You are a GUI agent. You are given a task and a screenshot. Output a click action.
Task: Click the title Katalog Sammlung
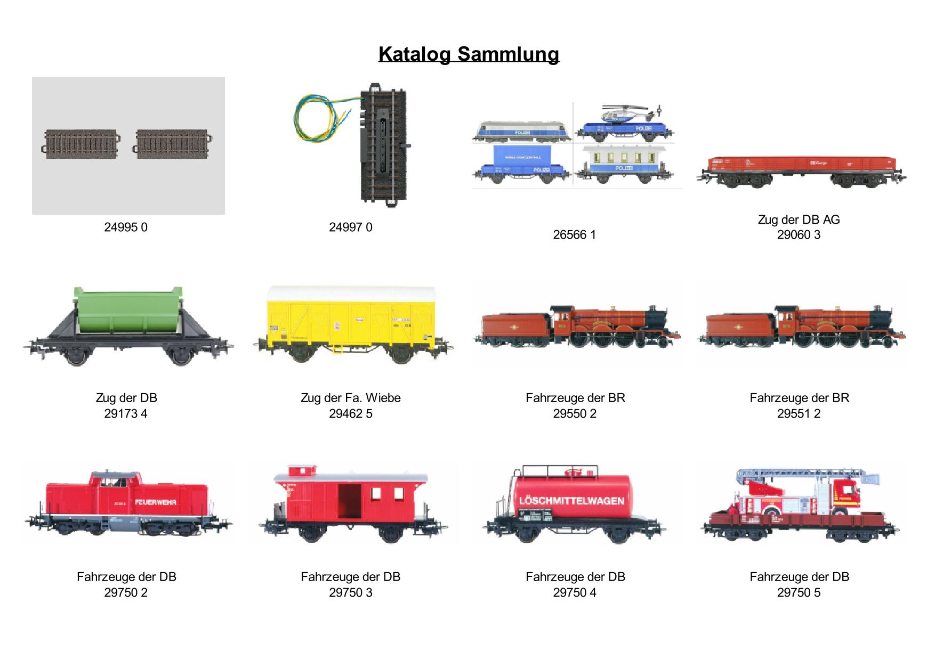click(469, 54)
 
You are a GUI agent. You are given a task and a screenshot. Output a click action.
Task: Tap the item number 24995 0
click(126, 227)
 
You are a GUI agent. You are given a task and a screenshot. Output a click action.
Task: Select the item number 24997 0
click(351, 227)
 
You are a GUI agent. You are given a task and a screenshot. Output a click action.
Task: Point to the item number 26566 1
click(574, 235)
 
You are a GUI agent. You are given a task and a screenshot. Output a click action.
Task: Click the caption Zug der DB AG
click(799, 219)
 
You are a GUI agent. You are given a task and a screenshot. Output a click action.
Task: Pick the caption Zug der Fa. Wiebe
click(350, 398)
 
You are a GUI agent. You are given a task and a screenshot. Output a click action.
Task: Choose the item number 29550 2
click(575, 414)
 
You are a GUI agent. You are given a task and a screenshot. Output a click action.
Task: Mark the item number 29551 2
click(799, 414)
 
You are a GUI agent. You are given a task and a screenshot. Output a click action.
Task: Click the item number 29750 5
click(799, 592)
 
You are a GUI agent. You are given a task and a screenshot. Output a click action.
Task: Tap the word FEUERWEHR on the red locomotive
click(155, 502)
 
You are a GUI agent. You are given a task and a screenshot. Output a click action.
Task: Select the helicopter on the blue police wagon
click(627, 114)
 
